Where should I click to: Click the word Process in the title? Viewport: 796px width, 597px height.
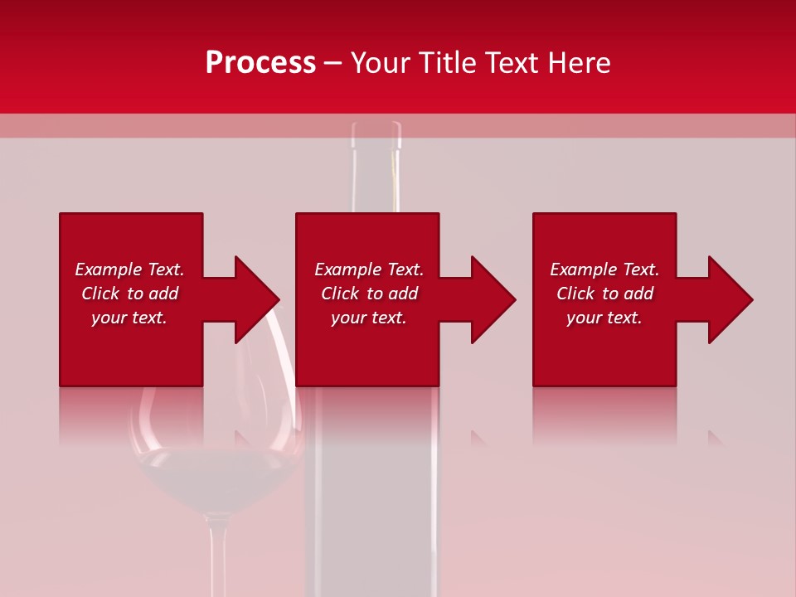click(260, 63)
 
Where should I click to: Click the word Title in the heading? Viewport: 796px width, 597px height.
click(448, 63)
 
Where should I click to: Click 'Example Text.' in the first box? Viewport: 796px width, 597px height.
click(129, 269)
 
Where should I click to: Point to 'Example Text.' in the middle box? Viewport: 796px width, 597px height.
click(369, 269)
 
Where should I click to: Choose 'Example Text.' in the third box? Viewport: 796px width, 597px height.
click(604, 269)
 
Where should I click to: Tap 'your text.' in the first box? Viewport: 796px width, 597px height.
click(129, 318)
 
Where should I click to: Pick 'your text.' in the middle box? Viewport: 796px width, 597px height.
click(369, 318)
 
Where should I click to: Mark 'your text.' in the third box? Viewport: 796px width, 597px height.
click(604, 318)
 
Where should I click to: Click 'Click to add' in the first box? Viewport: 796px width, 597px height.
click(129, 294)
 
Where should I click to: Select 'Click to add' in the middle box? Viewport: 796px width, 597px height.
click(369, 294)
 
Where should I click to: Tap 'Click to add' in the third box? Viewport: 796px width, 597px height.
click(604, 294)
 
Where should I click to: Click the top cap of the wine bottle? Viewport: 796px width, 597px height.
click(376, 133)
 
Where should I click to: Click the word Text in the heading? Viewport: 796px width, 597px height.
click(509, 63)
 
